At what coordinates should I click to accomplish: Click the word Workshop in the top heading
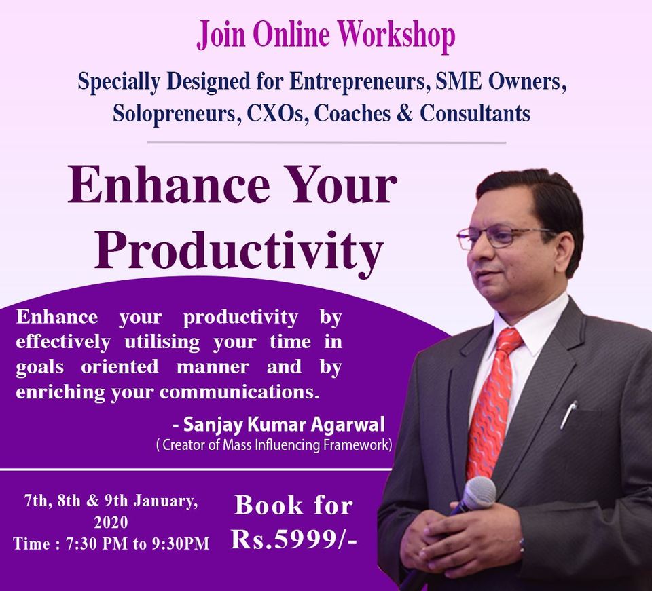pos(396,35)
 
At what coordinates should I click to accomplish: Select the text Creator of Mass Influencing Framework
pos(275,445)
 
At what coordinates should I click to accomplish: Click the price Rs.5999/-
pos(294,540)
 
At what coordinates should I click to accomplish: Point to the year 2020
pos(111,522)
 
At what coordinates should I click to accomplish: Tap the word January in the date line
pos(166,501)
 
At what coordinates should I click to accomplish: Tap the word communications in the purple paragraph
pos(239,392)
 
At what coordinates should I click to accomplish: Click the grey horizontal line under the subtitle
pos(327,142)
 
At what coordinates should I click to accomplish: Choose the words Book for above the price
pos(294,506)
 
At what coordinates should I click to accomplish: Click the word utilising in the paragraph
pos(162,342)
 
